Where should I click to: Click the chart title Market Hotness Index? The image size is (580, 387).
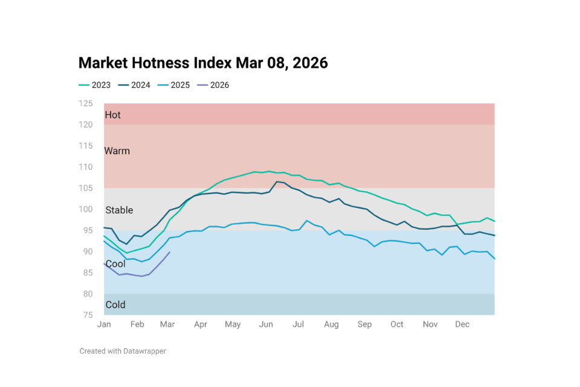(203, 63)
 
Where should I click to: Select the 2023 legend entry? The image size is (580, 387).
(95, 85)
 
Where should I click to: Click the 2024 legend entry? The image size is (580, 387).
(134, 85)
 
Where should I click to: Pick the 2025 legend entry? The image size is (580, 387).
(174, 85)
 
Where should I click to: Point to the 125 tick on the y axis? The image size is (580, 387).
(86, 103)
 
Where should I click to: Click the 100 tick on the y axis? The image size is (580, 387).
(86, 209)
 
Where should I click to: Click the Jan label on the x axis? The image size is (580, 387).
(104, 325)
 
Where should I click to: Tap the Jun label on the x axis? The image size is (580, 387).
(266, 325)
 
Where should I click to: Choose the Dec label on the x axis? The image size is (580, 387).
(462, 325)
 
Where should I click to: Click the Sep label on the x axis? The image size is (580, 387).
(364, 325)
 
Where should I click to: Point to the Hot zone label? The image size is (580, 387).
(113, 115)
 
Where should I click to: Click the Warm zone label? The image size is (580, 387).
(117, 151)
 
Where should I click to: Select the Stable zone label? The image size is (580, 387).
(119, 210)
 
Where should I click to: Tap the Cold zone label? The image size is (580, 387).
(115, 305)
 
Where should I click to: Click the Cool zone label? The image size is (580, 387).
(115, 264)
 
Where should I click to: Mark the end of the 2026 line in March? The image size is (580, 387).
(170, 252)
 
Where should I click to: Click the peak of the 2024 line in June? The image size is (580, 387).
(277, 181)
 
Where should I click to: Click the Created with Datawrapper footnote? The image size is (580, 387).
(123, 351)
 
